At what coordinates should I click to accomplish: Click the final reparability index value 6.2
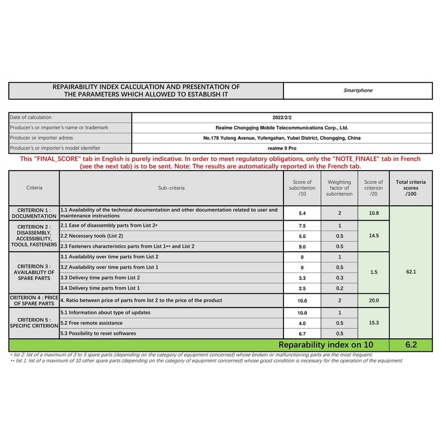pyautogui.click(x=410, y=345)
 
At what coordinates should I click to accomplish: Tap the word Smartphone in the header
pyautogui.click(x=358, y=90)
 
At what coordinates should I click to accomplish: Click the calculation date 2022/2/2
pyautogui.click(x=282, y=117)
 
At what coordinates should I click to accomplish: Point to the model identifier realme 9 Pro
pyautogui.click(x=282, y=148)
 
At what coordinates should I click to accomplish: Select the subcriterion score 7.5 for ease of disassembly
pyautogui.click(x=302, y=225)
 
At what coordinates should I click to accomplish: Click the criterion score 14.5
pyautogui.click(x=374, y=235)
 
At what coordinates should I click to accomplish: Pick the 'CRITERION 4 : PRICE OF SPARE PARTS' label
pyautogui.click(x=34, y=300)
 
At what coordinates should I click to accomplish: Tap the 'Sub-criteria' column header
pyautogui.click(x=171, y=188)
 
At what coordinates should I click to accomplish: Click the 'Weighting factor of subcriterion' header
pyautogui.click(x=339, y=188)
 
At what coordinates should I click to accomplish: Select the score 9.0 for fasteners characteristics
pyautogui.click(x=302, y=246)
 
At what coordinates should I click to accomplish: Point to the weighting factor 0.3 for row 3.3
pyautogui.click(x=339, y=278)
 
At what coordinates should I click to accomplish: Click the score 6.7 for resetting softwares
pyautogui.click(x=302, y=333)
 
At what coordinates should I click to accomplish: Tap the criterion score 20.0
pyautogui.click(x=374, y=300)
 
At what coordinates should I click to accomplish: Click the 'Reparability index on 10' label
pyautogui.click(x=326, y=345)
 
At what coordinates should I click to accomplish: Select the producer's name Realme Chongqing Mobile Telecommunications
pyautogui.click(x=282, y=128)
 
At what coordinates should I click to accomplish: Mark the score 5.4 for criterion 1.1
pyautogui.click(x=302, y=213)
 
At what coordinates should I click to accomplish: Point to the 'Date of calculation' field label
pyautogui.click(x=31, y=117)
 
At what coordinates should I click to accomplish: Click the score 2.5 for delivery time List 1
pyautogui.click(x=302, y=288)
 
